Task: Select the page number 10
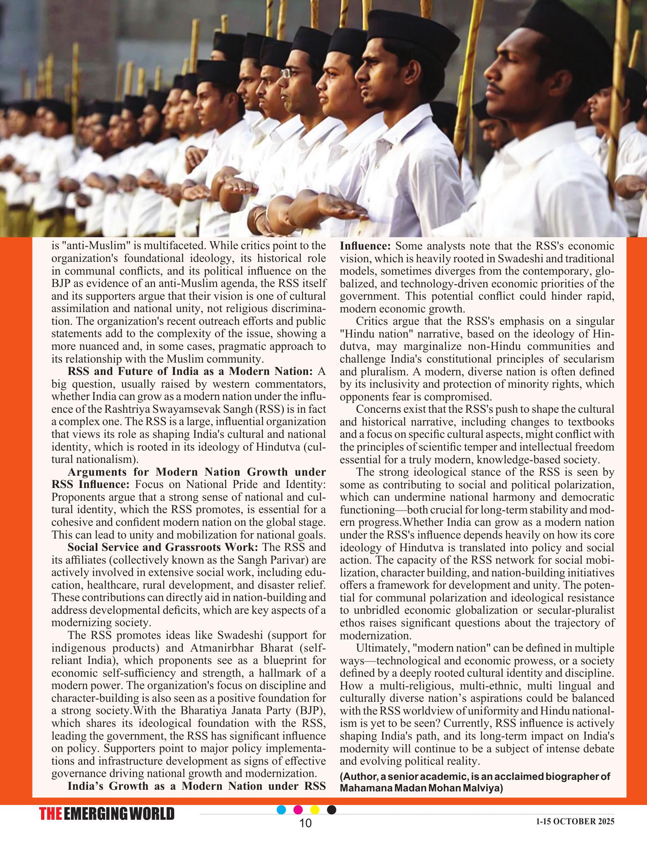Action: [x=306, y=823]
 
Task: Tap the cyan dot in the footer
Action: [x=281, y=809]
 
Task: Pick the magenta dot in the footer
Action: [x=299, y=809]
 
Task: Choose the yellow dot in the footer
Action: [x=315, y=809]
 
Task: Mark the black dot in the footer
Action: [x=332, y=809]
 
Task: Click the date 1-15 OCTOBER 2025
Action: [x=575, y=821]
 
